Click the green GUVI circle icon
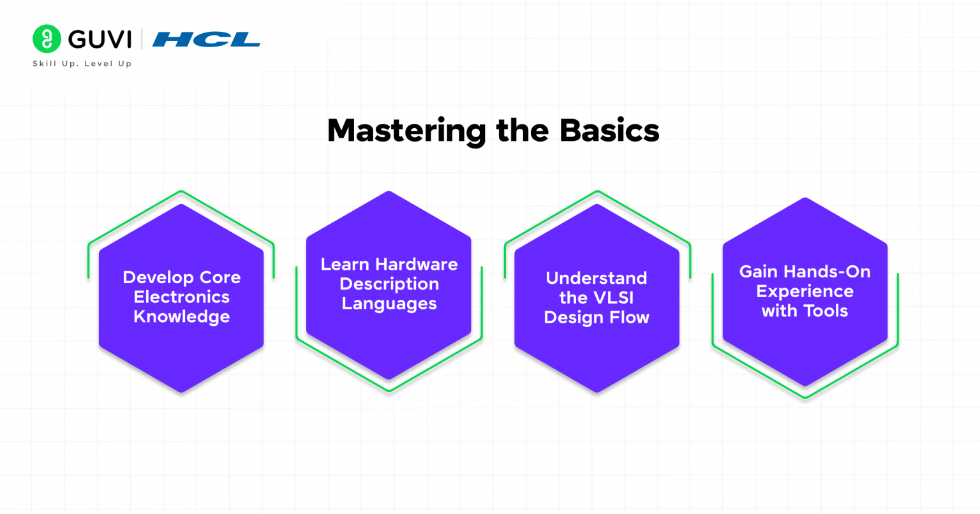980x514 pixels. pyautogui.click(x=47, y=39)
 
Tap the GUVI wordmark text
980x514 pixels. pyautogui.click(x=100, y=40)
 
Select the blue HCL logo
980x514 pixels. pyautogui.click(x=206, y=40)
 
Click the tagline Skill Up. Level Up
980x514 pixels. pyautogui.click(x=82, y=64)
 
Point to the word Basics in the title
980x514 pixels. pyautogui.click(x=609, y=131)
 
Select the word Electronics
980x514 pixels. pyautogui.click(x=182, y=297)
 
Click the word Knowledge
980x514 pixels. pyautogui.click(x=182, y=316)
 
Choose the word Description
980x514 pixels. pyautogui.click(x=389, y=284)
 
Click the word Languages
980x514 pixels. pyautogui.click(x=389, y=304)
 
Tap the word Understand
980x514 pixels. pyautogui.click(x=597, y=279)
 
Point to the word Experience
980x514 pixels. pyautogui.click(x=805, y=291)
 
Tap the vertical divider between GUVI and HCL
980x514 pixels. pyautogui.click(x=142, y=40)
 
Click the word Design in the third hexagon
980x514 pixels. pyautogui.click(x=571, y=318)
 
